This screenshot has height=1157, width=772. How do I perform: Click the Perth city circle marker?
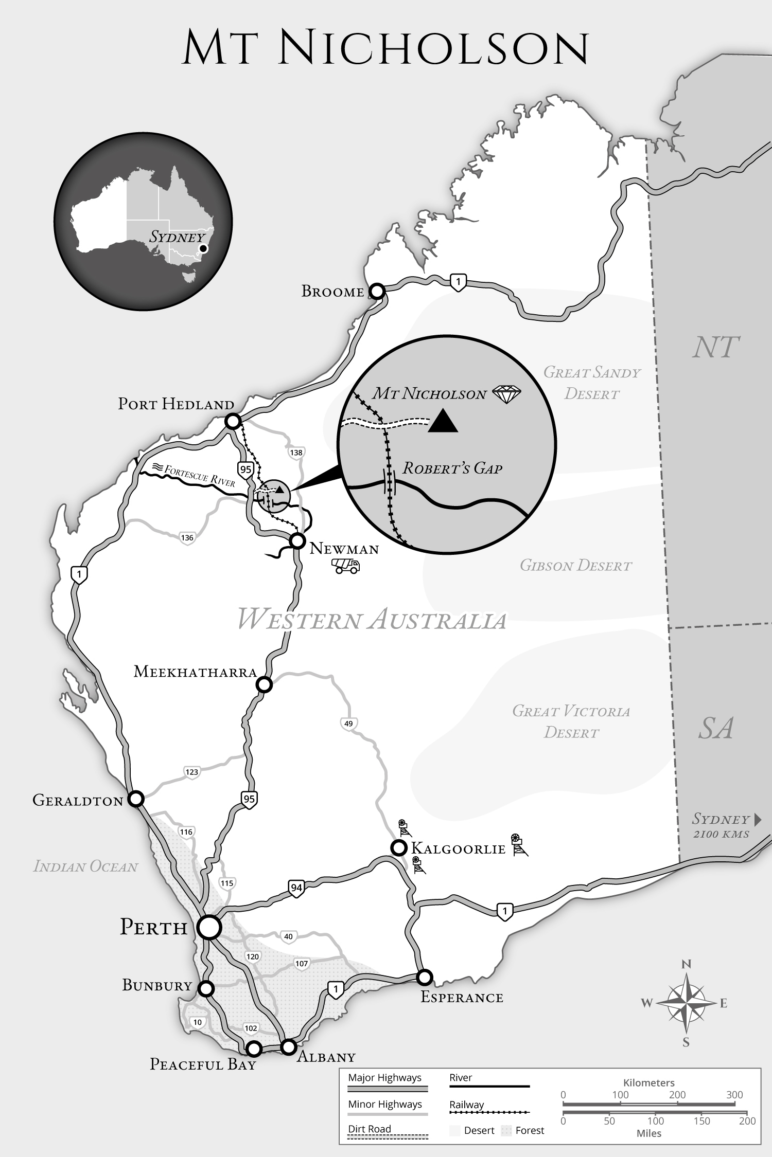(209, 928)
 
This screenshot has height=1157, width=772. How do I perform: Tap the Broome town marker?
(377, 292)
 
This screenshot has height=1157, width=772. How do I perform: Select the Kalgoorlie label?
(458, 849)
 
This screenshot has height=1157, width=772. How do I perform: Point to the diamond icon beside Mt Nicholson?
(506, 394)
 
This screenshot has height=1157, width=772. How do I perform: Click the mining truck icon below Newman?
(345, 566)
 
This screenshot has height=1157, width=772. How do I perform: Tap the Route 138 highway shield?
(296, 453)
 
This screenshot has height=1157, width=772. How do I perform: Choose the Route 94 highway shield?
(296, 888)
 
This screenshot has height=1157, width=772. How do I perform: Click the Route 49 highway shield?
(348, 724)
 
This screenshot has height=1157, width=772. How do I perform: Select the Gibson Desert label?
(575, 566)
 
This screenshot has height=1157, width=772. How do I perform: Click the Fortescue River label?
(200, 476)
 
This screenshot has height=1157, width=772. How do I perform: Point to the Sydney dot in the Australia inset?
(203, 248)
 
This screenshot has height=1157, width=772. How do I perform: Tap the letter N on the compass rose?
(686, 964)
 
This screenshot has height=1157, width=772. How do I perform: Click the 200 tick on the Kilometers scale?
(677, 1095)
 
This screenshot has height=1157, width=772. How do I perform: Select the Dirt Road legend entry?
(370, 1129)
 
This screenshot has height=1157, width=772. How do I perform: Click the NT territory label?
(715, 348)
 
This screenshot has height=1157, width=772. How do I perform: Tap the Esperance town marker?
(424, 977)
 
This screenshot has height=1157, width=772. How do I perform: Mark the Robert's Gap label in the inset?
(452, 468)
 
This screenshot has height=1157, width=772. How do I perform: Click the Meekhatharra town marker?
(264, 684)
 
